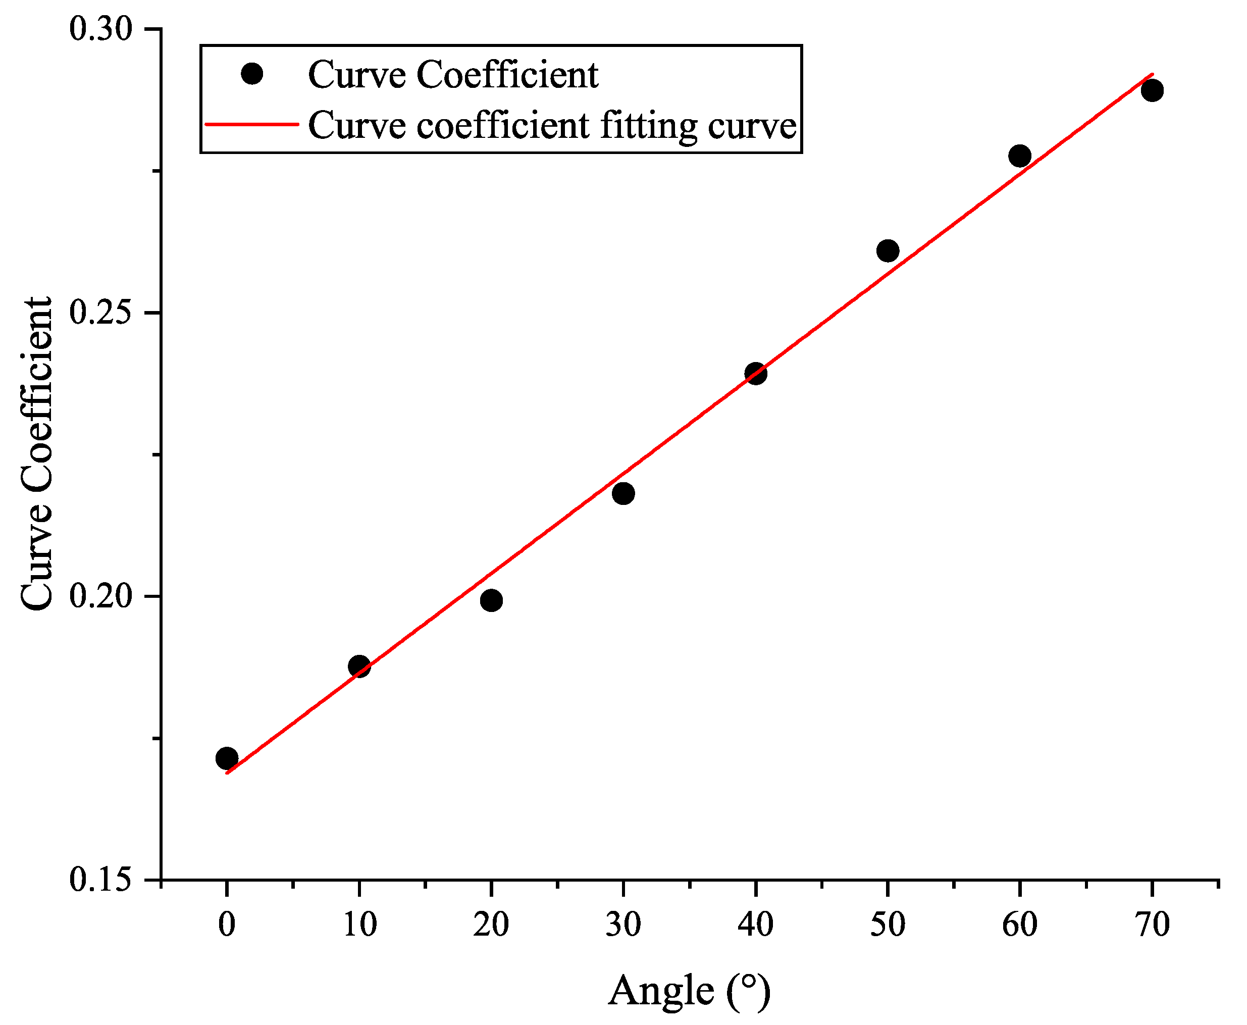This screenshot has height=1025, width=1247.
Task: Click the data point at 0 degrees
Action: [x=227, y=758]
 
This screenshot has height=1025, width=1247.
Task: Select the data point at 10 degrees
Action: [x=359, y=667]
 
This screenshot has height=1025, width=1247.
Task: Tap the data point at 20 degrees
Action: [x=491, y=600]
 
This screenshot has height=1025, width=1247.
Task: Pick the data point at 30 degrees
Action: [x=623, y=493]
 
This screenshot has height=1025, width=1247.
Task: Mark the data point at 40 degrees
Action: [x=756, y=373]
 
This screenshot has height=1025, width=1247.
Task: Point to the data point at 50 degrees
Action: [x=888, y=251]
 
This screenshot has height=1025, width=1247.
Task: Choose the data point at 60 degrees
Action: [x=1020, y=157]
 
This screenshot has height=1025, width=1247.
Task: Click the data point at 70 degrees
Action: [x=1152, y=90]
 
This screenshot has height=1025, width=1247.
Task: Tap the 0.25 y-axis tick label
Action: [x=100, y=313]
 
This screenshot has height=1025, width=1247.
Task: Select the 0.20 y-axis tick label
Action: [x=100, y=596]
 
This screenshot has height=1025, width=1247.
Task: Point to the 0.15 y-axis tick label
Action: [x=100, y=880]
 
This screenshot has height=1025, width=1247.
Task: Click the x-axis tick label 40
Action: [x=755, y=925]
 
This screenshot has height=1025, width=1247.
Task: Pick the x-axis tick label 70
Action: [x=1152, y=925]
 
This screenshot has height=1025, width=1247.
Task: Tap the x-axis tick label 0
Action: [x=227, y=925]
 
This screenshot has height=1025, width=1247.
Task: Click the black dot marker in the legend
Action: [x=252, y=74]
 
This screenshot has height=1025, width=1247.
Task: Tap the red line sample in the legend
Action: [x=252, y=125]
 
